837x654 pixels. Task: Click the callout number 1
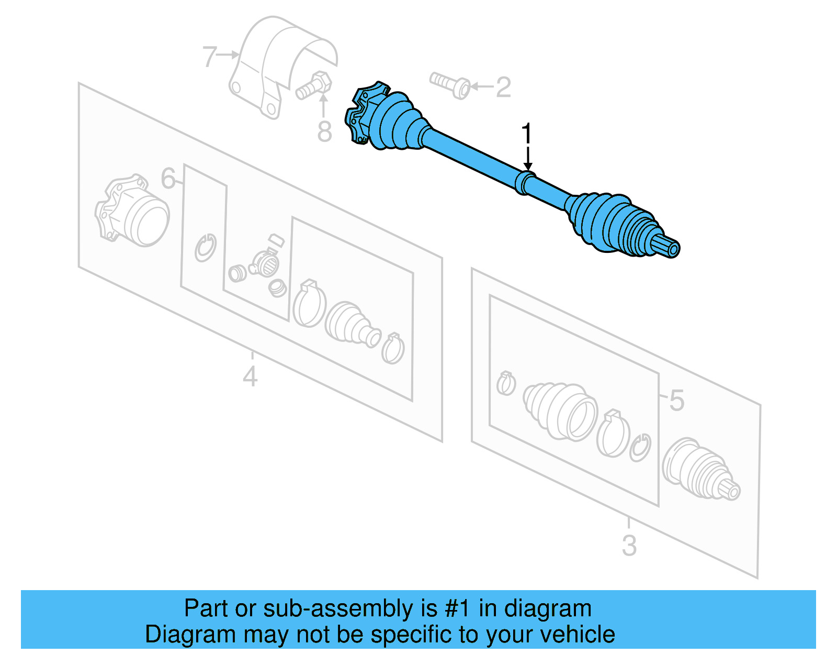[527, 134]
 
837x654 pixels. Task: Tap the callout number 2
[503, 87]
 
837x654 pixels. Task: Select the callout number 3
[629, 545]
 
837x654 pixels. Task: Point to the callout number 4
[250, 376]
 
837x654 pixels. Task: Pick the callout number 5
[676, 401]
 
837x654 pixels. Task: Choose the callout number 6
[168, 179]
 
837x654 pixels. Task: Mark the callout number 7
[209, 56]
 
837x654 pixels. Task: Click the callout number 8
[324, 131]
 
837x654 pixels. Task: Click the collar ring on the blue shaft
[524, 182]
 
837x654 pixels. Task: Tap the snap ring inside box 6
[205, 247]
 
